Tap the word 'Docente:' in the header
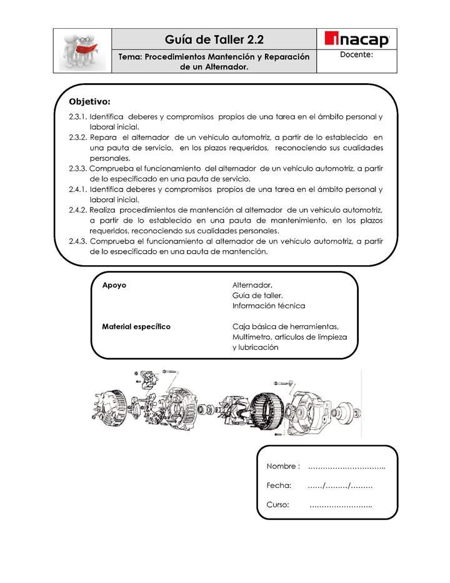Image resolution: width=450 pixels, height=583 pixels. click(x=357, y=55)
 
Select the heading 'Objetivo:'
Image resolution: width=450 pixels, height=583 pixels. click(x=89, y=101)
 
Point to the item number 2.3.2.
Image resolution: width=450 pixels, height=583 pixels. click(x=78, y=137)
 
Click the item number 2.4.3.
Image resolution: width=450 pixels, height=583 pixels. click(x=78, y=241)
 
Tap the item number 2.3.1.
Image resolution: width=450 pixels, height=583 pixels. click(x=78, y=116)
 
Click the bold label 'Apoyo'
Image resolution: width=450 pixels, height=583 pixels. click(x=114, y=285)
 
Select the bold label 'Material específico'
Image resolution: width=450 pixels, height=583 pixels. click(x=136, y=327)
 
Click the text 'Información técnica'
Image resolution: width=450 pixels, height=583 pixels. click(x=268, y=306)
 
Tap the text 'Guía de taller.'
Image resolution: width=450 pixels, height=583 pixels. click(x=257, y=295)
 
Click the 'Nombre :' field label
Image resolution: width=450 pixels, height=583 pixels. click(x=283, y=467)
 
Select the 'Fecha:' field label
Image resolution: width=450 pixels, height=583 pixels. click(x=279, y=485)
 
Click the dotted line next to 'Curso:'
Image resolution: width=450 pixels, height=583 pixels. click(x=341, y=505)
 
